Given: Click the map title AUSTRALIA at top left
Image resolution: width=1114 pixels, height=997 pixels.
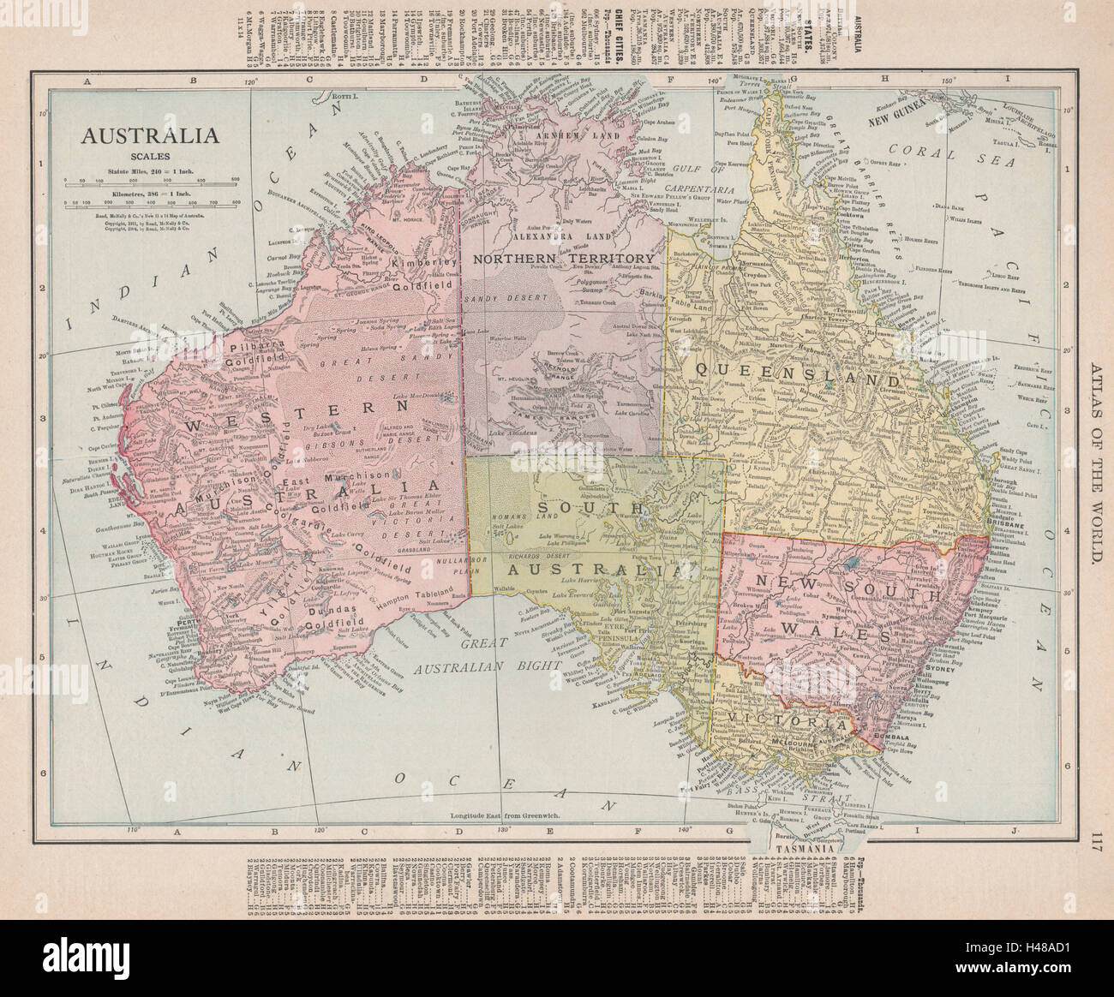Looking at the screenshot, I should coord(150,135).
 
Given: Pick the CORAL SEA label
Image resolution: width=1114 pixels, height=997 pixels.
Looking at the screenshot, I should coord(943,155).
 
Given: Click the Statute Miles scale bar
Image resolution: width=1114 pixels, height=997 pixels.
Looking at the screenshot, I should coord(150,181).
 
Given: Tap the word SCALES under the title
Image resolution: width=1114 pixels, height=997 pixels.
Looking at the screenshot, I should coord(150,156).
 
